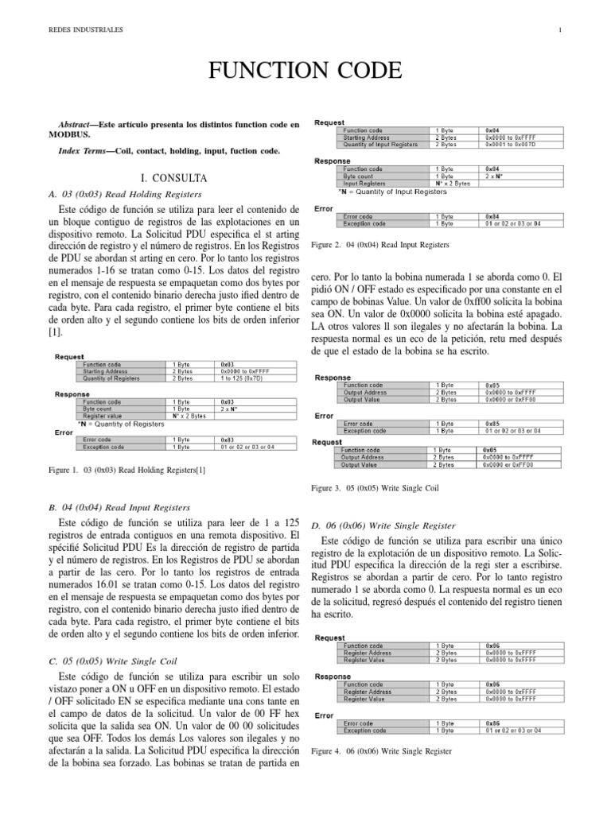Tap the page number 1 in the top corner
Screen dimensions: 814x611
click(x=561, y=30)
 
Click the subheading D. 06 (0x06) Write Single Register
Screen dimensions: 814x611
click(x=383, y=525)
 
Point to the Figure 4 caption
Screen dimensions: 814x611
click(x=382, y=750)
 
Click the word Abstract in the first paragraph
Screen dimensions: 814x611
click(x=78, y=125)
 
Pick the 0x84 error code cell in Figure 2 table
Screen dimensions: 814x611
click(x=492, y=216)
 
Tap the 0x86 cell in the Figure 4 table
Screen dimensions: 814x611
click(x=492, y=723)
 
